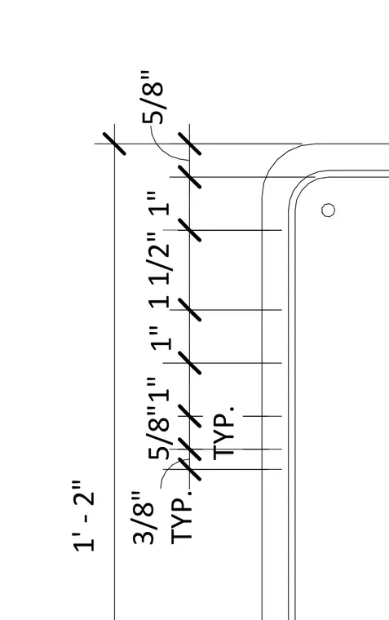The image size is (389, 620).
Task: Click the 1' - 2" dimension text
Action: point(84,516)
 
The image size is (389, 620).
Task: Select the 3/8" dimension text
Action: point(143,518)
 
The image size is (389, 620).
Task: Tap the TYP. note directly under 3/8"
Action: point(182,517)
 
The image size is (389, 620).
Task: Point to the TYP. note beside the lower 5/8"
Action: point(223,433)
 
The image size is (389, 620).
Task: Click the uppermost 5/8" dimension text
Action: point(153,97)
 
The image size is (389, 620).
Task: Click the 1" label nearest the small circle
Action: point(160,204)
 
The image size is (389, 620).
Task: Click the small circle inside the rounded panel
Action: point(328,210)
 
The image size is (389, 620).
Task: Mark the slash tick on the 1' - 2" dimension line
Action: point(114,144)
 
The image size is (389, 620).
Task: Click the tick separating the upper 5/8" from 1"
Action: point(189,177)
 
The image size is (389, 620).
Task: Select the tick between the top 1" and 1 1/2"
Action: point(189,230)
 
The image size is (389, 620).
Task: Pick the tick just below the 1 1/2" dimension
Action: point(189,310)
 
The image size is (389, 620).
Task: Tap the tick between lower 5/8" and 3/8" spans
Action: point(189,449)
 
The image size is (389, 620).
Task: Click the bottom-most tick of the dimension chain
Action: point(189,469)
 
